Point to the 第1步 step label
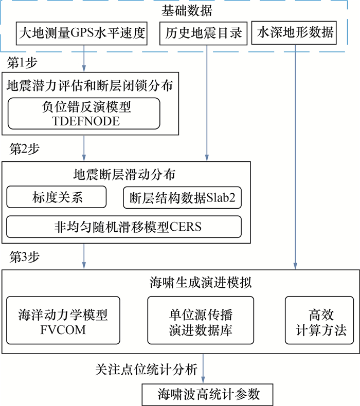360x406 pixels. tap(22, 63)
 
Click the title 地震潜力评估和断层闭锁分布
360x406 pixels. tap(89, 84)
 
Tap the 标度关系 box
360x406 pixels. tap(57, 197)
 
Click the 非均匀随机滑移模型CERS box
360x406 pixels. tap(124, 226)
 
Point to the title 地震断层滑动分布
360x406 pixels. tap(126, 174)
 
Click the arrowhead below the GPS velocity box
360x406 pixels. tap(83, 67)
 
